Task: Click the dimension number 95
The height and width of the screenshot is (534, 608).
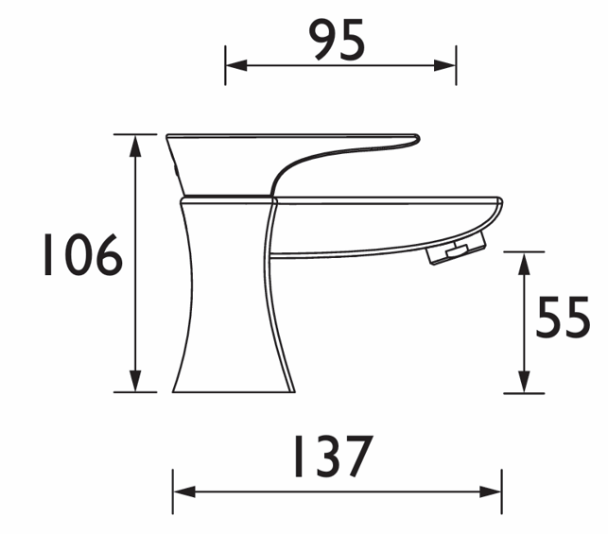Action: click(337, 40)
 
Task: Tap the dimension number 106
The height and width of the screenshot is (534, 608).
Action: click(82, 254)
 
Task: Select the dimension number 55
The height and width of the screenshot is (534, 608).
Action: click(563, 317)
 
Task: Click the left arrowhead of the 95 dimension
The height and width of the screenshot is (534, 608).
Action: click(236, 65)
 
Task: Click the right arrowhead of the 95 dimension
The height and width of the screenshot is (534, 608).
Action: click(444, 65)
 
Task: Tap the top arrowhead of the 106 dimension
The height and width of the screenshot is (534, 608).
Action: click(135, 146)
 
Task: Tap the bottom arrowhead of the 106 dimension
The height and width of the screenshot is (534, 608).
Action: click(135, 381)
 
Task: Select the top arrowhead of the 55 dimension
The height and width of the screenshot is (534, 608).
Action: click(524, 264)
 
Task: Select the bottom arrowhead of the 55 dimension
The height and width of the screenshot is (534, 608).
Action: click(524, 382)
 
